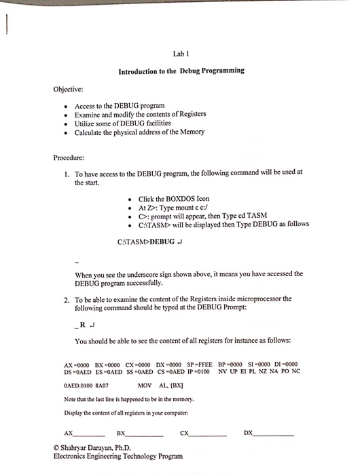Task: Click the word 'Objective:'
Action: point(68,88)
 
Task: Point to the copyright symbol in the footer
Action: point(56,449)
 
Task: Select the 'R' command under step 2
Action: point(84,324)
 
